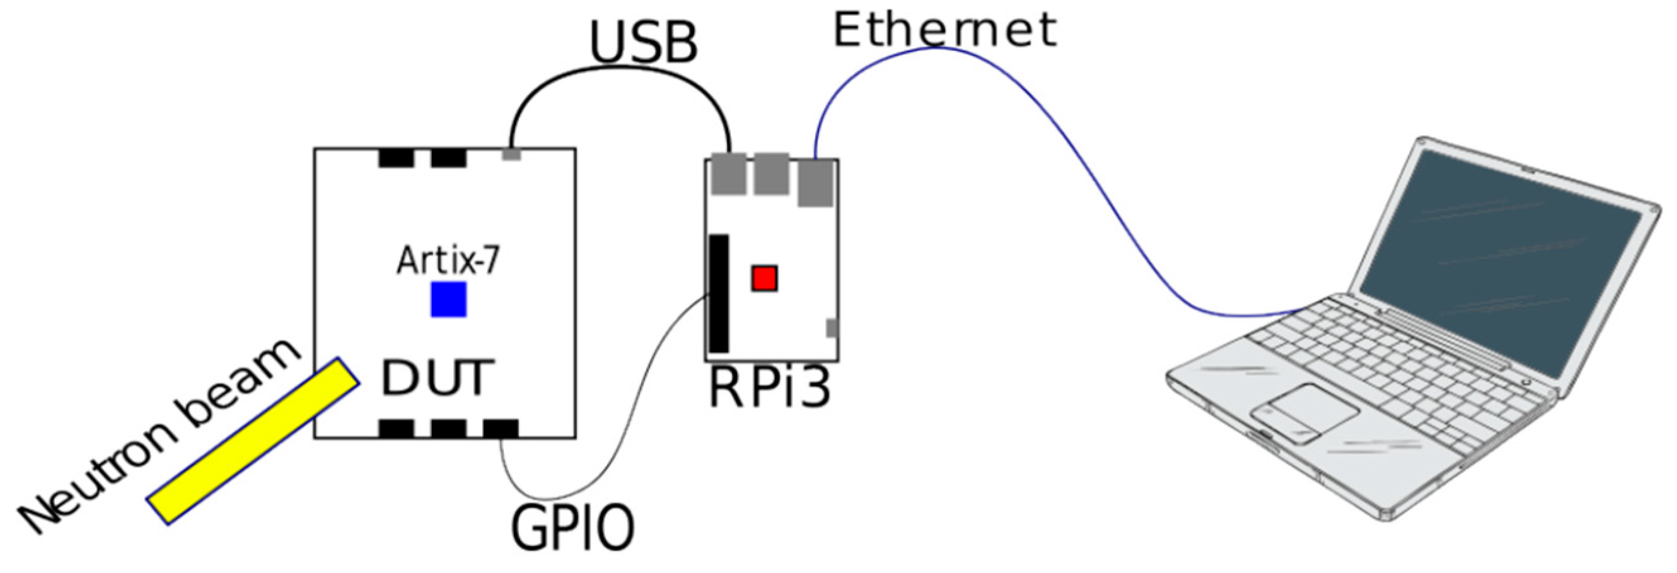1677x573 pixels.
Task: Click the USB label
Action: pos(643,43)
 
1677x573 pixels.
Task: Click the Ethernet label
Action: pos(944,30)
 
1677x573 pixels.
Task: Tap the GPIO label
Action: pos(572,527)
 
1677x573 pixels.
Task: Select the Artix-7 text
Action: pos(448,260)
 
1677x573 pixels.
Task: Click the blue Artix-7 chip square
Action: pos(448,299)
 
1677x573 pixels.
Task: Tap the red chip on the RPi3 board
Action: pos(764,279)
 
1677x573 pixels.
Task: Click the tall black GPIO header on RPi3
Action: pos(719,293)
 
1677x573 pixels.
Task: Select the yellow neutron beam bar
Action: pos(253,440)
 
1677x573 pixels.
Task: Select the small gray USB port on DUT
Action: pos(512,154)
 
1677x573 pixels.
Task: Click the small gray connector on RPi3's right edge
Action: pos(832,328)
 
